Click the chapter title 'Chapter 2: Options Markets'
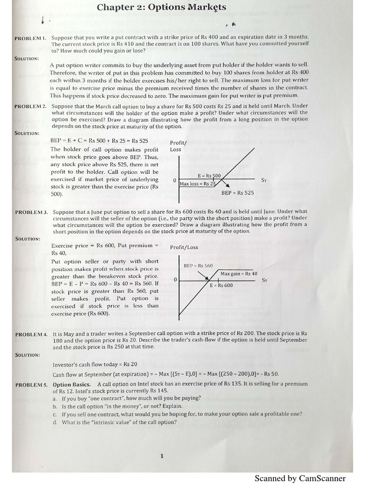pyautogui.click(x=162, y=7)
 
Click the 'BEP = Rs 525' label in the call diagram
pyautogui.click(x=238, y=193)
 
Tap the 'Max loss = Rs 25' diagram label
pyautogui.click(x=198, y=184)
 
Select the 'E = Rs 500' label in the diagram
pyautogui.click(x=209, y=176)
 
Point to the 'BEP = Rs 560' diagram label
pyautogui.click(x=198, y=266)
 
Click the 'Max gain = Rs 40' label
pyautogui.click(x=239, y=273)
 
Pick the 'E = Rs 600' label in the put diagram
pyautogui.click(x=221, y=285)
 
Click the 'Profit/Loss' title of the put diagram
pyautogui.click(x=184, y=247)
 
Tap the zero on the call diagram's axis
pyautogui.click(x=175, y=180)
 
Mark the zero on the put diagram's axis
pyautogui.click(x=175, y=280)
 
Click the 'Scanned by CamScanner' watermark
pyautogui.click(x=300, y=478)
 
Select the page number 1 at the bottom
pyautogui.click(x=162, y=457)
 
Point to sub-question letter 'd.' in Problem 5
pyautogui.click(x=55, y=422)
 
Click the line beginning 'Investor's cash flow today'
pyautogui.click(x=88, y=365)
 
